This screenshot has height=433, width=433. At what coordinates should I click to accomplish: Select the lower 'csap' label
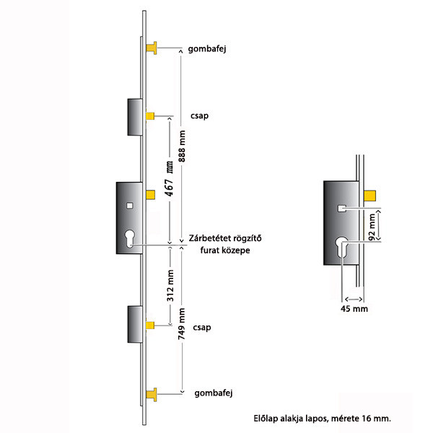point(203,327)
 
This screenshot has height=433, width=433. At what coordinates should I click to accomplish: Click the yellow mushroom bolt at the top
point(152,48)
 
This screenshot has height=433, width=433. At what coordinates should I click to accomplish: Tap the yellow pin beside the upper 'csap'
point(151,115)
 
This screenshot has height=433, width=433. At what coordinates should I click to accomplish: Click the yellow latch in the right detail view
point(372,194)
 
